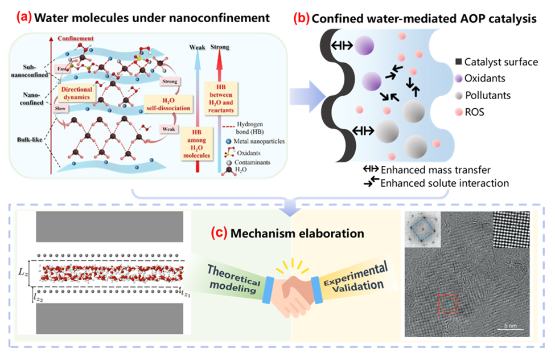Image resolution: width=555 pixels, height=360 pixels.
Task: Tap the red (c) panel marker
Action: point(219,232)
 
